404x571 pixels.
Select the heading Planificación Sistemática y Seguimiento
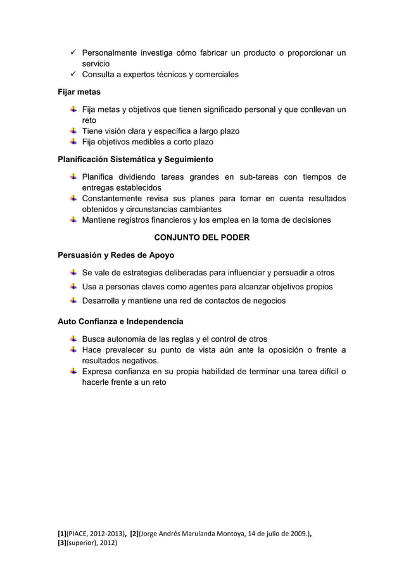click(136, 158)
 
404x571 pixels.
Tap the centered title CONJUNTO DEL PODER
click(202, 238)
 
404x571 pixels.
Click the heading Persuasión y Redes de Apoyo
click(117, 256)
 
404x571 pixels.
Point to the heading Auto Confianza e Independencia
click(121, 321)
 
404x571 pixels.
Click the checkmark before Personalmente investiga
click(73, 52)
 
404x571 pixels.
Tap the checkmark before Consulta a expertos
click(73, 75)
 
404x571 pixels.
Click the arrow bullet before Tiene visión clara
click(74, 130)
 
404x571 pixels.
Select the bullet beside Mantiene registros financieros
click(74, 220)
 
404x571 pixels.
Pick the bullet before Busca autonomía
click(74, 338)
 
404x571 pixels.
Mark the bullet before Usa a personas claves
click(74, 286)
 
